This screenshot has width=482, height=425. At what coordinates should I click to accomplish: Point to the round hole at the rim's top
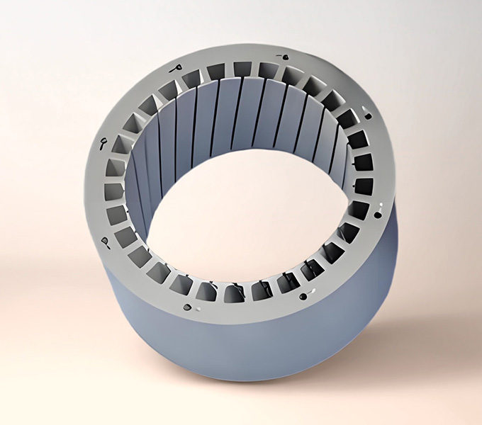[x=284, y=57]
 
